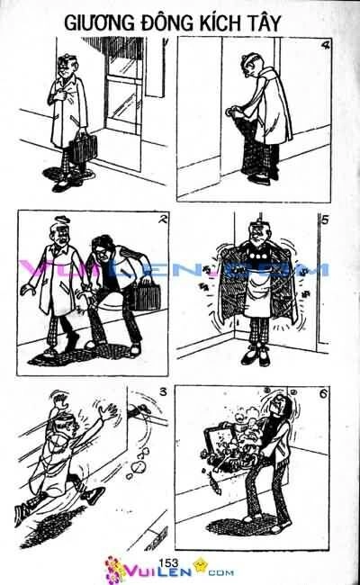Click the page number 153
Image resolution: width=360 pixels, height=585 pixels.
point(167,562)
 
